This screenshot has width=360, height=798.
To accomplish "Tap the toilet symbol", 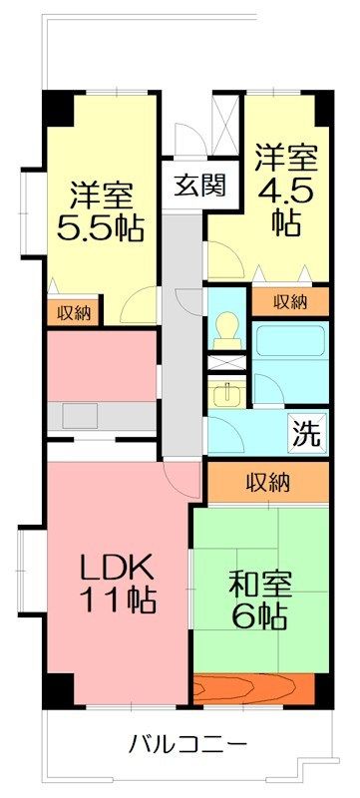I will pos(226,328).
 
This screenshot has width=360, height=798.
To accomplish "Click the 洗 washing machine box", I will pos(308,433).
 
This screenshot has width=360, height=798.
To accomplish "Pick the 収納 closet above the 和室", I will pos(268,483).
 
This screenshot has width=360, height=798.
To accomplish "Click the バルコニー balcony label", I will pos(187,743).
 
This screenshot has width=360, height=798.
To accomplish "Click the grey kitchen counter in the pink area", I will pos(100,412).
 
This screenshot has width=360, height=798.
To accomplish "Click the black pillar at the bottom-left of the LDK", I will pos(58,688).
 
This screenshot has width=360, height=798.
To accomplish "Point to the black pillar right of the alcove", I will pos(322,688).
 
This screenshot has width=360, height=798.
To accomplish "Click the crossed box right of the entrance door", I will pos(227,120).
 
